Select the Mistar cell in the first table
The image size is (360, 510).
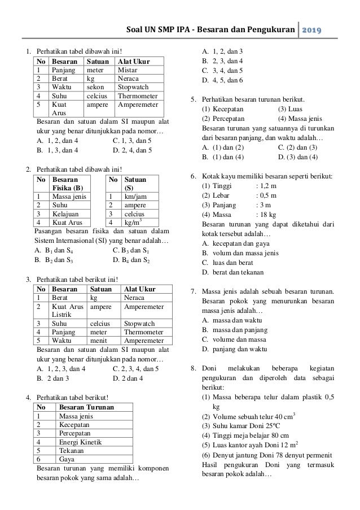pyautogui.click(x=127, y=69)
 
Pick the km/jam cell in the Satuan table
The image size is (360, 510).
pyautogui.click(x=133, y=196)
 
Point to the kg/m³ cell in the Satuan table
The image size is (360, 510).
pyautogui.click(x=133, y=223)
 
